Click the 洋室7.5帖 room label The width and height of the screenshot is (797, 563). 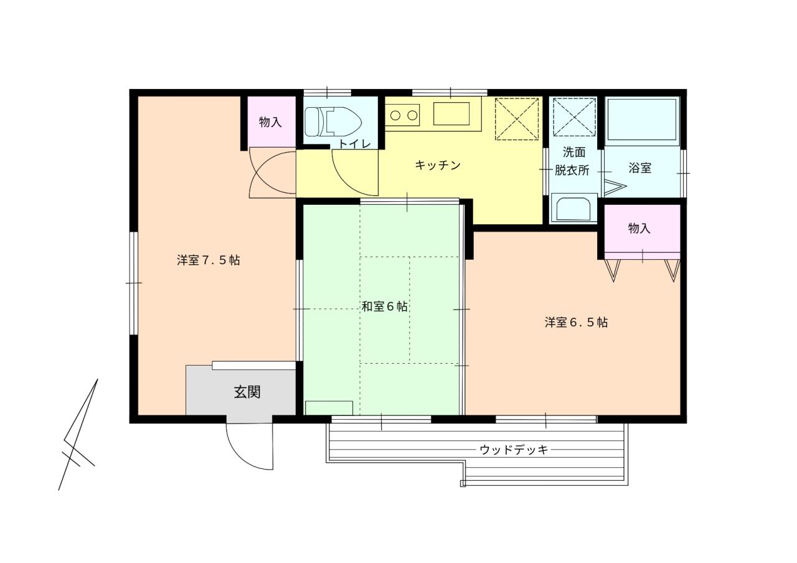coord(208,260)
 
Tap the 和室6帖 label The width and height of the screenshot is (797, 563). coord(385,306)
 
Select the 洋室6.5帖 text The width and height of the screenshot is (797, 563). coord(576,323)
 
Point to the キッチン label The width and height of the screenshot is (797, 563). coord(437,165)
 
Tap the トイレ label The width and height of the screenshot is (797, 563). coord(355,144)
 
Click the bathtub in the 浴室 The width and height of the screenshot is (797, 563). coord(641,120)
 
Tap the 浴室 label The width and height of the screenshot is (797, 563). coord(640,168)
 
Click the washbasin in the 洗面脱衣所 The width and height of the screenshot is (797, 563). coord(573,209)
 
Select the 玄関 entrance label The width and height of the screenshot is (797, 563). coord(247,392)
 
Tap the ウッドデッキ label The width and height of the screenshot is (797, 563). coord(514,450)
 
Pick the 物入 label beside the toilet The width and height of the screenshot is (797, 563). coord(270,122)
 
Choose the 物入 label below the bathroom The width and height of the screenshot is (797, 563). coord(639,229)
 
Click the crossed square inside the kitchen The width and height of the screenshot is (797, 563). coord(516,118)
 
